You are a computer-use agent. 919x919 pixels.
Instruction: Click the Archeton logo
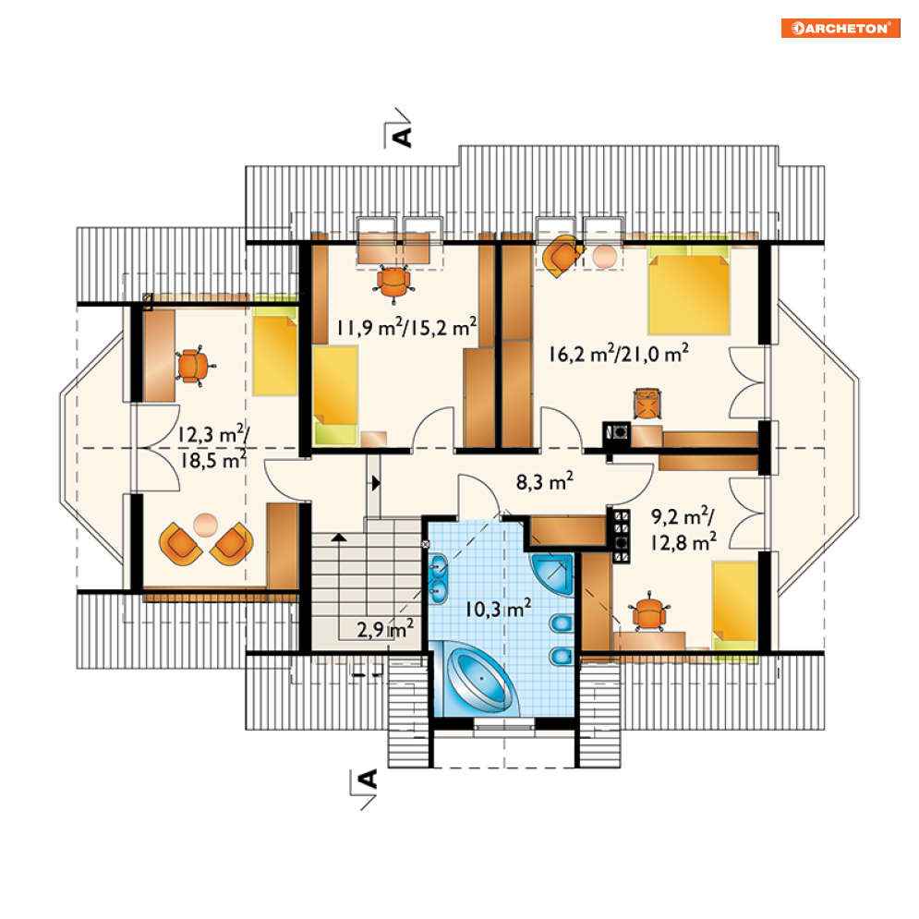click(x=840, y=28)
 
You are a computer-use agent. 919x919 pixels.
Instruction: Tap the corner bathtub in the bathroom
click(x=480, y=679)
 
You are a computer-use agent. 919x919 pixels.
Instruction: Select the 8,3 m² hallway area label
click(x=545, y=481)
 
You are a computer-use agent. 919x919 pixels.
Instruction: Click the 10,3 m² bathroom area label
click(x=498, y=609)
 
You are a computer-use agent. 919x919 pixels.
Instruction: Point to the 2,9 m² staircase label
click(x=385, y=628)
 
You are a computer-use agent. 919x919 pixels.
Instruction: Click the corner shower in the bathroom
click(x=552, y=574)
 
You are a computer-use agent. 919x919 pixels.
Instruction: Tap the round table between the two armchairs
click(x=205, y=525)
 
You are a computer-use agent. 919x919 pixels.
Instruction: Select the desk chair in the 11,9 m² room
click(x=393, y=283)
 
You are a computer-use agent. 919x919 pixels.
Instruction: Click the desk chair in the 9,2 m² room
click(x=648, y=613)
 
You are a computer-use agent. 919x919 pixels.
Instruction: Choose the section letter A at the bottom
click(x=368, y=780)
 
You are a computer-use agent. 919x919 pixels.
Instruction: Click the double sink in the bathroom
click(x=438, y=578)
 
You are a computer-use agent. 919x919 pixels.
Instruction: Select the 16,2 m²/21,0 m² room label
click(x=618, y=354)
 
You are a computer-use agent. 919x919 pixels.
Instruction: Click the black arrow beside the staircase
click(x=376, y=483)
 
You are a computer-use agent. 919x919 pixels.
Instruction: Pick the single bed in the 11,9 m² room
click(x=336, y=393)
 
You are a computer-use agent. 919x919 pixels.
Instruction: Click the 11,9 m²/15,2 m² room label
click(x=406, y=327)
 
